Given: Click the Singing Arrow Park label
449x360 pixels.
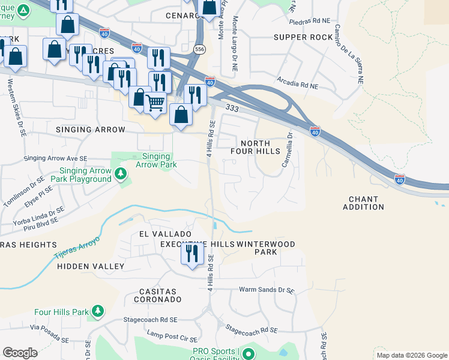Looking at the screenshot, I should pos(155,160).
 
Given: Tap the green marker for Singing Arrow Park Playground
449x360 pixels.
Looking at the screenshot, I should pos(121,174).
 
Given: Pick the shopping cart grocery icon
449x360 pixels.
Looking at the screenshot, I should pos(155,102).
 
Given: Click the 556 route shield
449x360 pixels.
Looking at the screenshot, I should pos(199,48).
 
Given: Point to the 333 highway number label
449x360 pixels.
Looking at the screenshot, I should pos(233,107).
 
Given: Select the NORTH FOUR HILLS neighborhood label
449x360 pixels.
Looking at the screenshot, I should pos(256,147).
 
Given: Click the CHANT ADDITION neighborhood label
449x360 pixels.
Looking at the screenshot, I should pos(363,203).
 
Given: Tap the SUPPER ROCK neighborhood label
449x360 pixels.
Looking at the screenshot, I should pos(303,37).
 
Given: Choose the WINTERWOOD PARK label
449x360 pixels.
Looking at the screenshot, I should pos(265,248).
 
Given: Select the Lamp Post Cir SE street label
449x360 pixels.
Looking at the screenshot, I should pos(173,333).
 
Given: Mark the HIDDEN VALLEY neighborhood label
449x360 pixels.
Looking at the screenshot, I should pos(91,266).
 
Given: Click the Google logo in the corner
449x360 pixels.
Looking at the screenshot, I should pos(20,353).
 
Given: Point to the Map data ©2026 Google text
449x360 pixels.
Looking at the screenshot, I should pos(411,355).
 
